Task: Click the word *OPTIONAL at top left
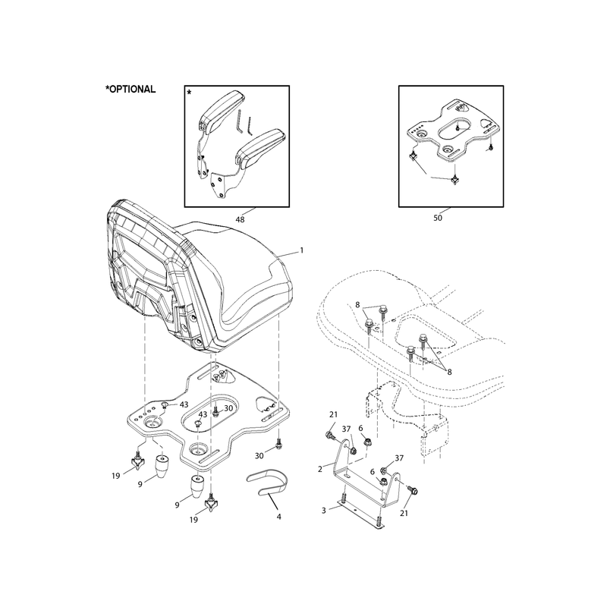[x=131, y=90]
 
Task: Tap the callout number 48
[x=240, y=219]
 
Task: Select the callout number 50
[x=438, y=218]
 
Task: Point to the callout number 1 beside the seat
[x=302, y=250]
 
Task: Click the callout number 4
[x=278, y=517]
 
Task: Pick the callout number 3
[x=324, y=511]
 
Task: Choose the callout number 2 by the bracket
[x=319, y=470]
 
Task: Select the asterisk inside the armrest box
[x=189, y=93]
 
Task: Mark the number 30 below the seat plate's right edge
[x=259, y=456]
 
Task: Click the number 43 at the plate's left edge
[x=184, y=404]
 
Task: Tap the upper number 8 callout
[x=357, y=305]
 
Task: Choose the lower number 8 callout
[x=449, y=372]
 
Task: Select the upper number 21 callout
[x=333, y=414]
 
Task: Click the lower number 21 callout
[x=404, y=514]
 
